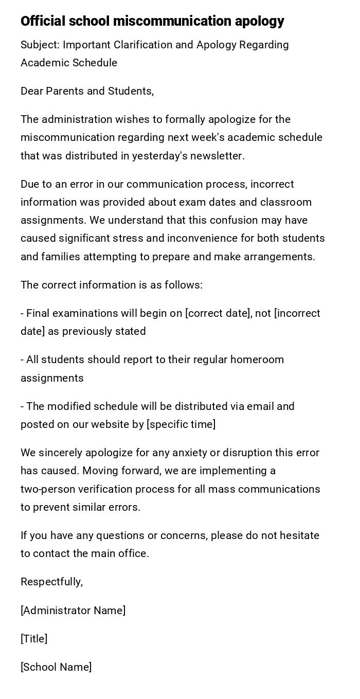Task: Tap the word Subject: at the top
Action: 40,45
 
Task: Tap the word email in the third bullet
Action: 260,406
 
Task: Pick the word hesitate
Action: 298,536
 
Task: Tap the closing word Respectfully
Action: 51,582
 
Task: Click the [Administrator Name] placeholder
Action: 73,611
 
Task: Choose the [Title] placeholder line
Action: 34,639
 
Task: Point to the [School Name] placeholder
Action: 56,667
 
